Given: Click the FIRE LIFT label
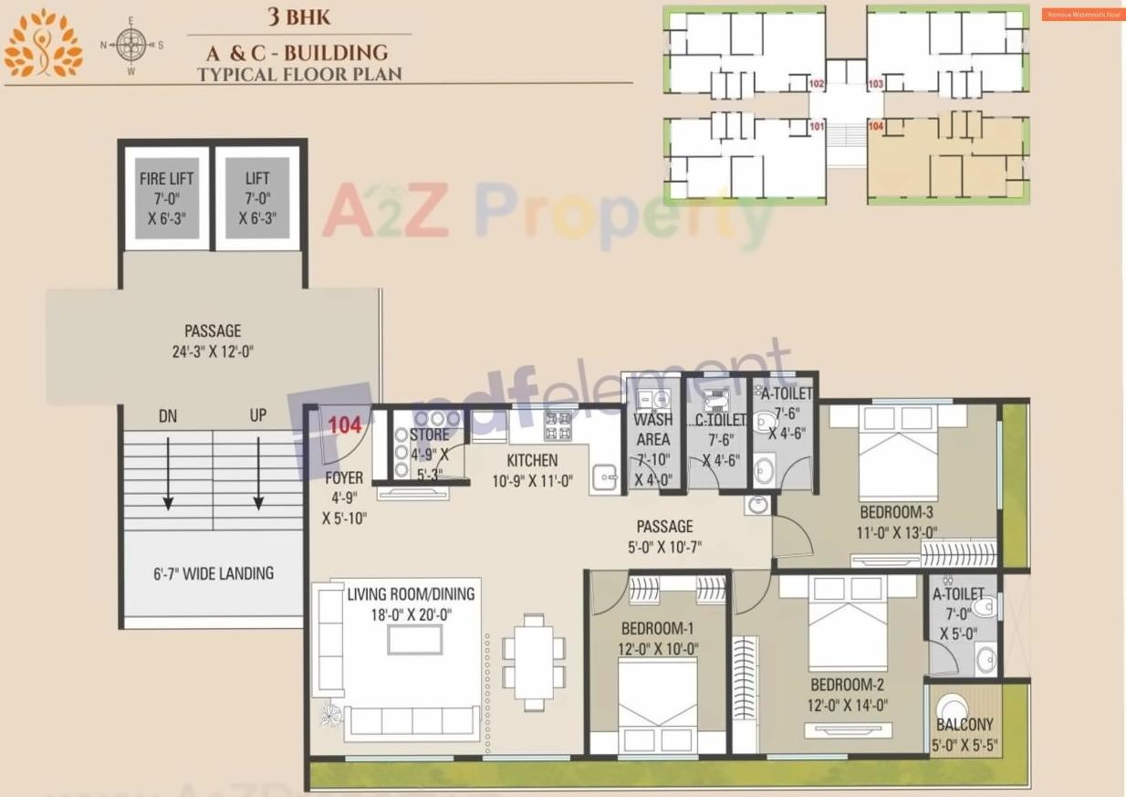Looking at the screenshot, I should click(166, 179).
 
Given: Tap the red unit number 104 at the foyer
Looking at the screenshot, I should click(345, 425).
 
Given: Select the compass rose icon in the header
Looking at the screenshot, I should click(132, 45).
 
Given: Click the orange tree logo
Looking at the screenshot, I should click(42, 44).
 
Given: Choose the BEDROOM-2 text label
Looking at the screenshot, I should click(847, 685).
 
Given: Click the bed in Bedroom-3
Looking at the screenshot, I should click(899, 453).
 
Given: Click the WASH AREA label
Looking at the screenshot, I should click(652, 429).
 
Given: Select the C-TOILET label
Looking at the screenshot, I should click(714, 421).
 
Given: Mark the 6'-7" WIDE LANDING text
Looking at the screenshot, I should click(213, 573).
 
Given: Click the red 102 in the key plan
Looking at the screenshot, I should click(817, 84).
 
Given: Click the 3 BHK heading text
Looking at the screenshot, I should click(298, 17).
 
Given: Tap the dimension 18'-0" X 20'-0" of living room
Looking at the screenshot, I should click(411, 614).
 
